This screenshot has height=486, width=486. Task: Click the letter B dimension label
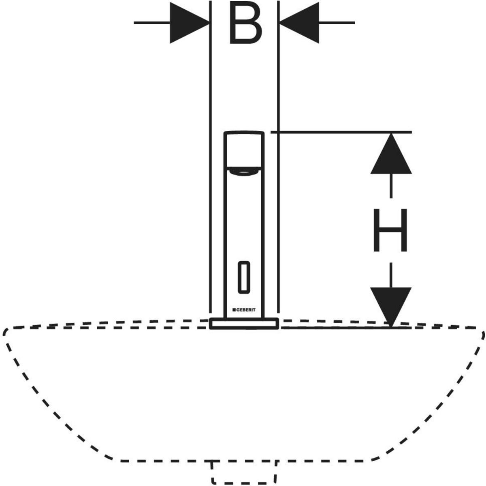pos(245,23)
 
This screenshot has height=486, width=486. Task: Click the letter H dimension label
pos(390,230)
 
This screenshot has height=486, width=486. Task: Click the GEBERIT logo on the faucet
pos(244,310)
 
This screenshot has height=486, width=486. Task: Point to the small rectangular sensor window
pos(243,277)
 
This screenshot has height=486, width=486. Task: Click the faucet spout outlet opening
pos(244,172)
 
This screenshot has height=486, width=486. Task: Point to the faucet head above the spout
pos(244,149)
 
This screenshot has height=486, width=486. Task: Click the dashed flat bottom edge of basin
pos(162,461)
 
